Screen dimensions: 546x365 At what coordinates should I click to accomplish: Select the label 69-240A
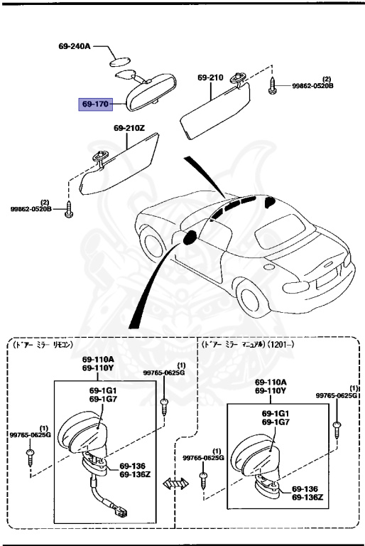tap(75, 46)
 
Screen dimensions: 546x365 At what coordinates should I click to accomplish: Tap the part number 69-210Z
tap(129, 128)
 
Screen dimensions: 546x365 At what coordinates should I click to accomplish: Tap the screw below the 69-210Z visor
tap(68, 209)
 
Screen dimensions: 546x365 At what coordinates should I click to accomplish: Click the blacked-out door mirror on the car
tap(190, 238)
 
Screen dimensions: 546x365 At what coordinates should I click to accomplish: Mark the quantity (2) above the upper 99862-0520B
tap(327, 78)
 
